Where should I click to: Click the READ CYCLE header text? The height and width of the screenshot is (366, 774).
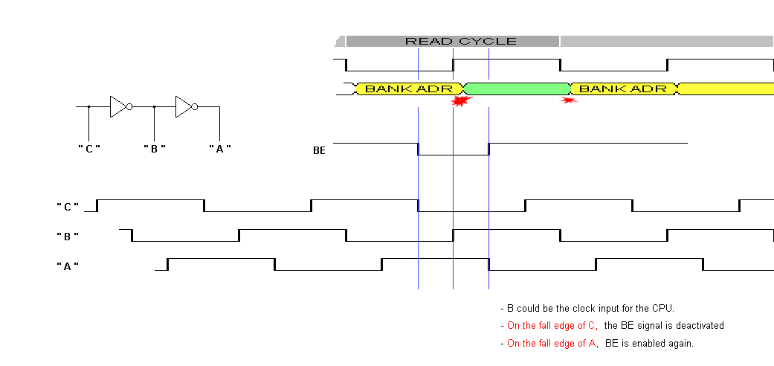pos(460,41)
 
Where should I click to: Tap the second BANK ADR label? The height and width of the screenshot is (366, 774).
pos(623,89)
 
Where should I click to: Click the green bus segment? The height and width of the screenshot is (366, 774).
pos(516,89)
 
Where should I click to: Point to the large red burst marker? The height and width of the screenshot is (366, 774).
pos(462,102)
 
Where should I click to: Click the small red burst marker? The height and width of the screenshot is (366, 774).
pos(570,100)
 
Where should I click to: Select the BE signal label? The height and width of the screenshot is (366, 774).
pos(319,150)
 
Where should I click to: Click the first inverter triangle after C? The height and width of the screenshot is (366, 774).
pos(118,107)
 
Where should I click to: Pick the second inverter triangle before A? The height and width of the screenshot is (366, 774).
pos(184,107)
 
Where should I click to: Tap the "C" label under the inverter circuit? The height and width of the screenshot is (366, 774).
pos(89,148)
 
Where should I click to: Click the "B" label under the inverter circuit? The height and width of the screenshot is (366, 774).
pos(154,148)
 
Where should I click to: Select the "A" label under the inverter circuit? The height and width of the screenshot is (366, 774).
pos(219,148)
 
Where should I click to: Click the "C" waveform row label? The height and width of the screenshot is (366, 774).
pos(67,205)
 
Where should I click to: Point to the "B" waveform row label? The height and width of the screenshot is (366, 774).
pos(67,236)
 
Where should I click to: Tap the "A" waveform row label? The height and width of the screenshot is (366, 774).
pos(67,265)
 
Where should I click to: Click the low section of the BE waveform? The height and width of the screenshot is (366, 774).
pos(454,155)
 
